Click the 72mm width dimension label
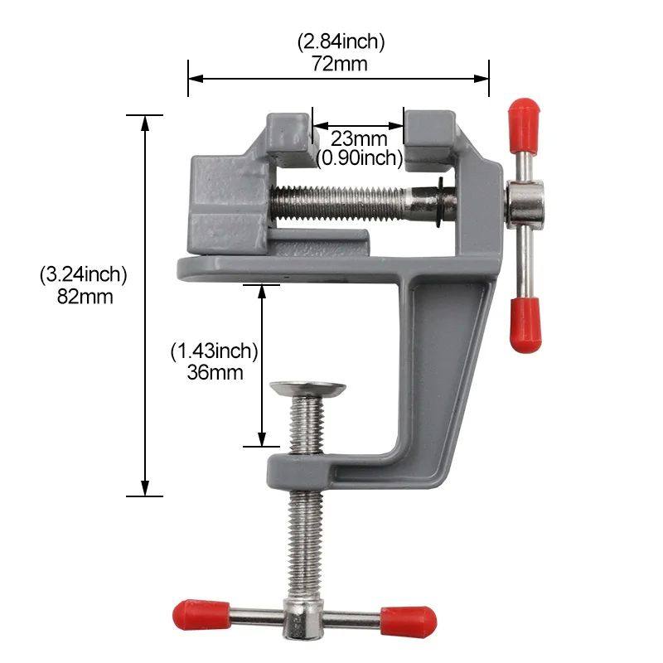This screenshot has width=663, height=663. click(x=339, y=63)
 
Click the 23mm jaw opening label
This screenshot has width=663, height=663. click(x=359, y=138)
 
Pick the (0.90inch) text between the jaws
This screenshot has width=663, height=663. click(x=359, y=157)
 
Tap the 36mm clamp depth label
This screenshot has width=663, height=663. click(x=215, y=372)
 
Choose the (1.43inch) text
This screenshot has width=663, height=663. click(x=215, y=351)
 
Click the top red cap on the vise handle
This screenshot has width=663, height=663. click(x=523, y=119)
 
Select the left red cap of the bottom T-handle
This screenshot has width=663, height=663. click(x=201, y=615)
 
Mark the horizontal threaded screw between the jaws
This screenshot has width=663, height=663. click(x=348, y=201)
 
